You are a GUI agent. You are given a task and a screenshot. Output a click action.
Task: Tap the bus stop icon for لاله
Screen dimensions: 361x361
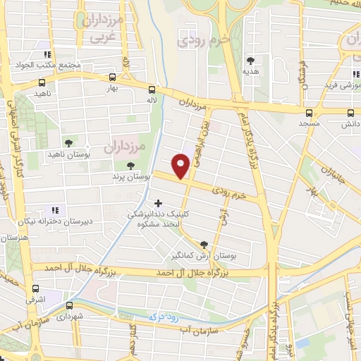(152, 90)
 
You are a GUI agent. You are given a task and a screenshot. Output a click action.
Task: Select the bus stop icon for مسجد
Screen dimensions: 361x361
(309, 113)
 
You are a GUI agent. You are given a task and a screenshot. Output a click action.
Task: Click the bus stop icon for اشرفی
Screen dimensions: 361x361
(35, 288)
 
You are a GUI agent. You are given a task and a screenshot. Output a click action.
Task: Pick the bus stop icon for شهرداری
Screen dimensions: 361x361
(69, 306)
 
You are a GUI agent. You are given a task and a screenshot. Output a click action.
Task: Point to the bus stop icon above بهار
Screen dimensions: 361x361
(112, 79)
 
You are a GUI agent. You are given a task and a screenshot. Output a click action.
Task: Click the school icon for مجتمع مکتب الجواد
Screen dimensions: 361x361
(47, 54)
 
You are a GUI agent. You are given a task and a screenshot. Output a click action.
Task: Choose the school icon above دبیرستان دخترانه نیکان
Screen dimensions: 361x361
(54, 209)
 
